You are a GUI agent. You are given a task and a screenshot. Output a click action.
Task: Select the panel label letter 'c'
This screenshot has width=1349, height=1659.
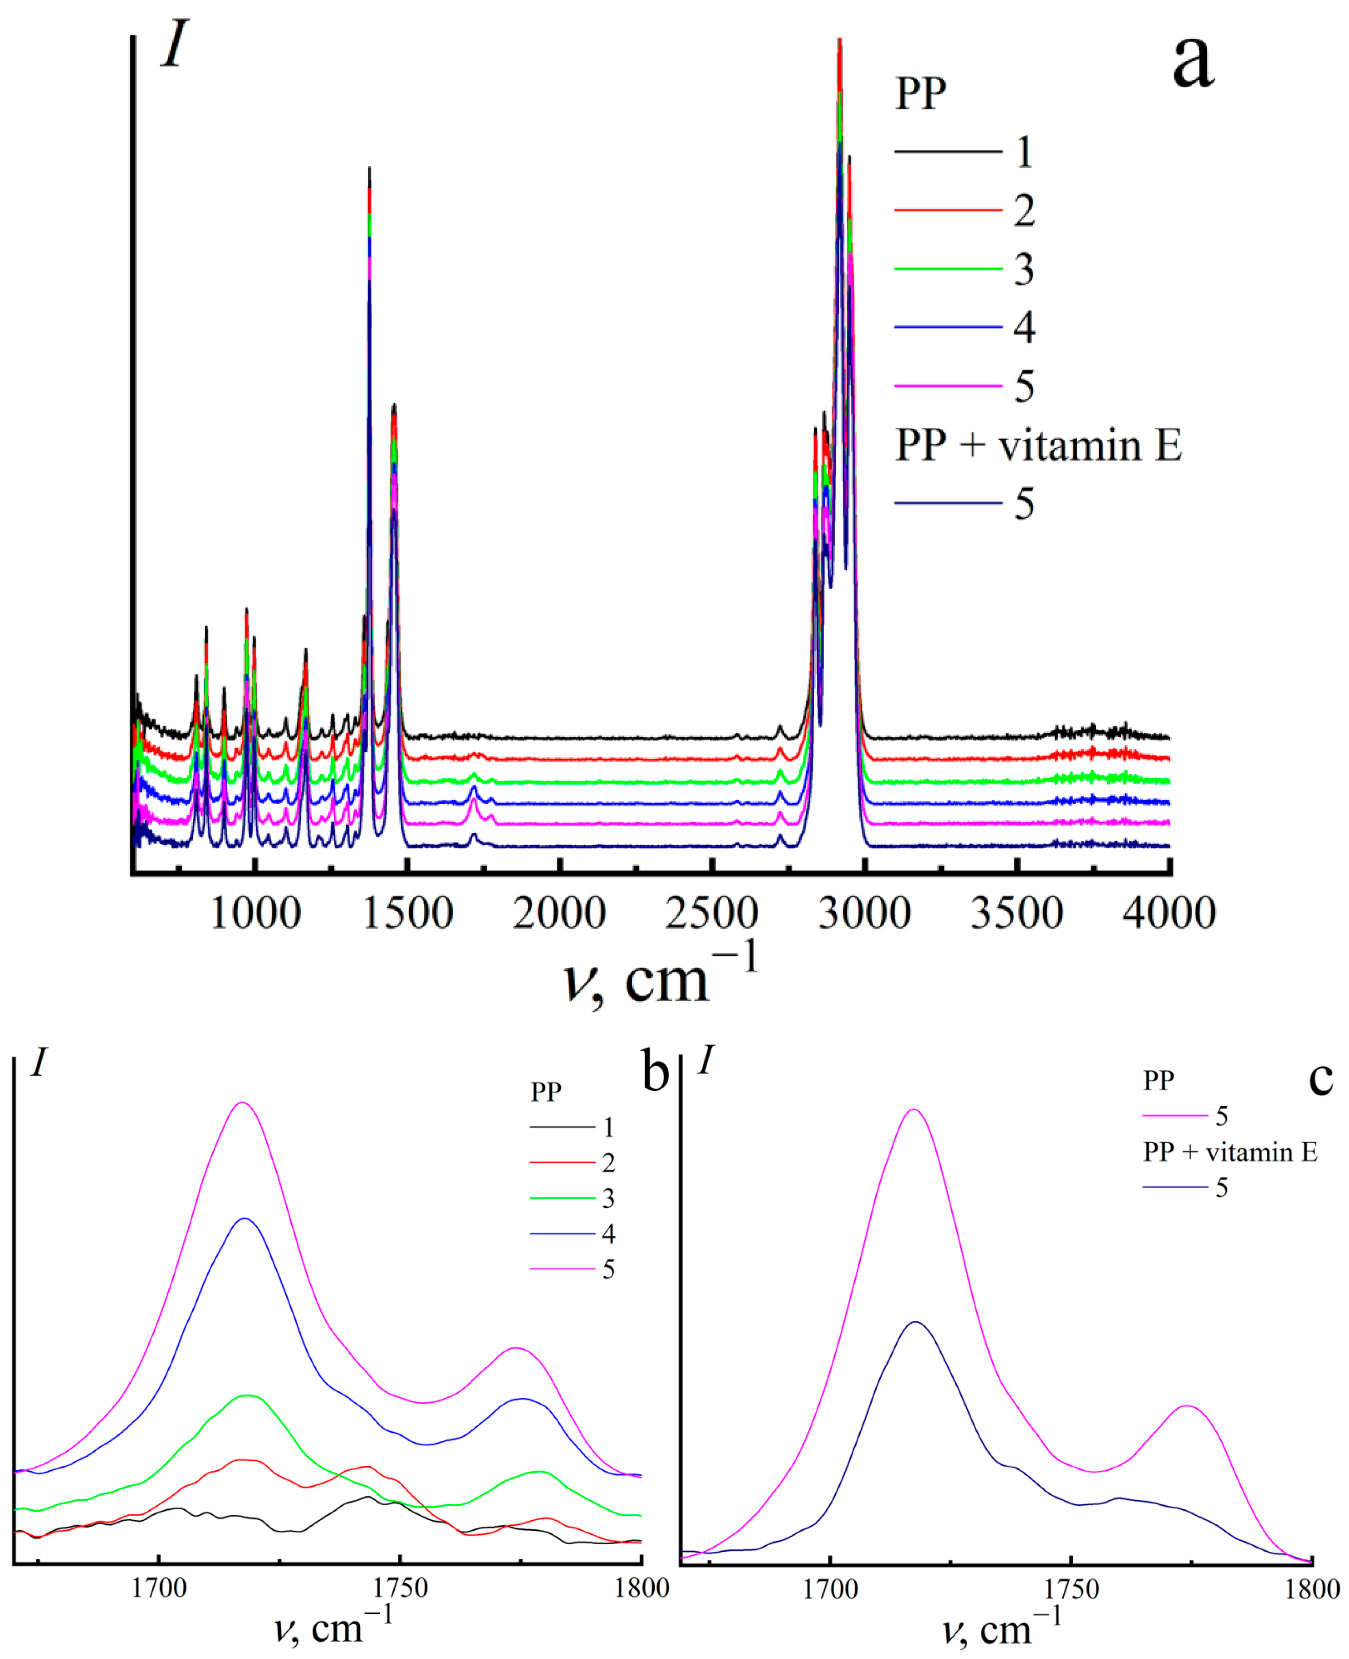coord(1320,1078)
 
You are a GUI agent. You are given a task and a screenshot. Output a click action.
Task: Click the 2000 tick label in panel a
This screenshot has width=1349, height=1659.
coord(559,913)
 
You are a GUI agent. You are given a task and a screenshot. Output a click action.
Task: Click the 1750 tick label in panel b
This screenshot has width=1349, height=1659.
coord(399,1588)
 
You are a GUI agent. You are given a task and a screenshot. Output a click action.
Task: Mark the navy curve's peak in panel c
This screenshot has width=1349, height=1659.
coord(915,1322)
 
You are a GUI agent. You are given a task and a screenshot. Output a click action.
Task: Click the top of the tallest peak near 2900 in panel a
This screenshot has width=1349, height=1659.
coord(839,41)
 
